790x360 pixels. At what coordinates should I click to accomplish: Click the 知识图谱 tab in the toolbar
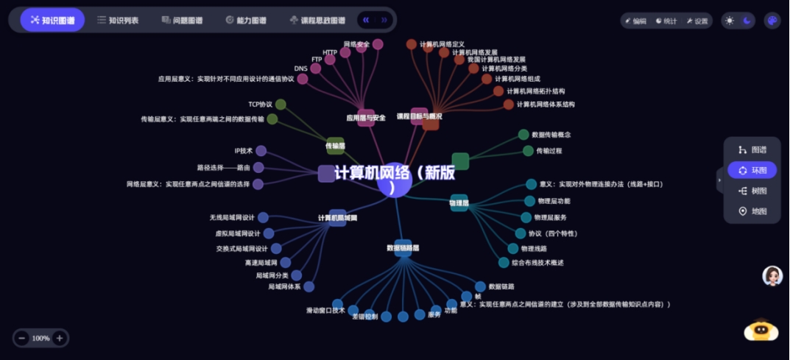(52, 20)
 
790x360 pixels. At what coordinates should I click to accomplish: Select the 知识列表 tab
(118, 20)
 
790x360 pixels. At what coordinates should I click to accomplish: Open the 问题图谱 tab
(182, 20)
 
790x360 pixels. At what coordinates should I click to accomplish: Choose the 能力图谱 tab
(246, 20)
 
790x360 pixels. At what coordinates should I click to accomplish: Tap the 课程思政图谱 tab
(317, 20)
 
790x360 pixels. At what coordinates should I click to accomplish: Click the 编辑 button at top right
(635, 21)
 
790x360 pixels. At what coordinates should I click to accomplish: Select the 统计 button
(666, 21)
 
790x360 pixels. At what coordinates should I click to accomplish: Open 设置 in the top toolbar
(697, 21)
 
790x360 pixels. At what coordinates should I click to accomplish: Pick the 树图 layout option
(752, 191)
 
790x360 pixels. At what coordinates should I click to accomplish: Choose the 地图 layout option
(752, 211)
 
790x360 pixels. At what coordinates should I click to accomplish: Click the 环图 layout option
(752, 170)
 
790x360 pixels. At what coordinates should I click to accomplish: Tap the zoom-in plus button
(60, 338)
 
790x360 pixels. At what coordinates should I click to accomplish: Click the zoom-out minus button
(22, 338)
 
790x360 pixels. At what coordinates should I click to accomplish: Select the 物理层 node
(459, 203)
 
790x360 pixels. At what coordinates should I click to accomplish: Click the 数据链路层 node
(403, 248)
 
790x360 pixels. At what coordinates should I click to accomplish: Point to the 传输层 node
(335, 145)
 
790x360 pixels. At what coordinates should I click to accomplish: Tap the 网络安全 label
(356, 44)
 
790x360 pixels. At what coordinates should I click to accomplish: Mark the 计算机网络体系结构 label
(546, 105)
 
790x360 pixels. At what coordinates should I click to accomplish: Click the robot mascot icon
(761, 331)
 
